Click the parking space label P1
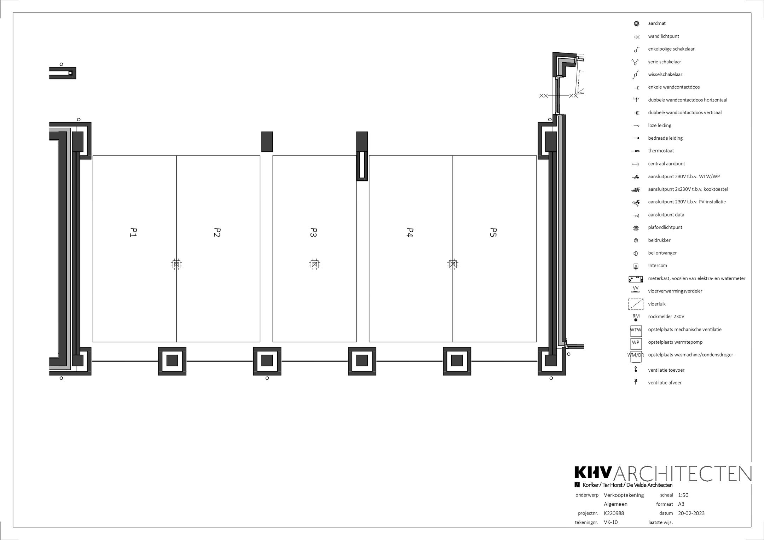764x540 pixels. (134, 232)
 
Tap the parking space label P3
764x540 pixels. (314, 232)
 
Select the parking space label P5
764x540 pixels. (493, 232)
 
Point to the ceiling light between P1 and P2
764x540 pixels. (176, 264)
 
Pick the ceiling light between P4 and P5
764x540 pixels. (452, 264)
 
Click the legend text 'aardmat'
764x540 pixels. (657, 23)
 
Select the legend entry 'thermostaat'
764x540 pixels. (661, 151)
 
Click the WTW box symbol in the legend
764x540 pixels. (636, 330)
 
